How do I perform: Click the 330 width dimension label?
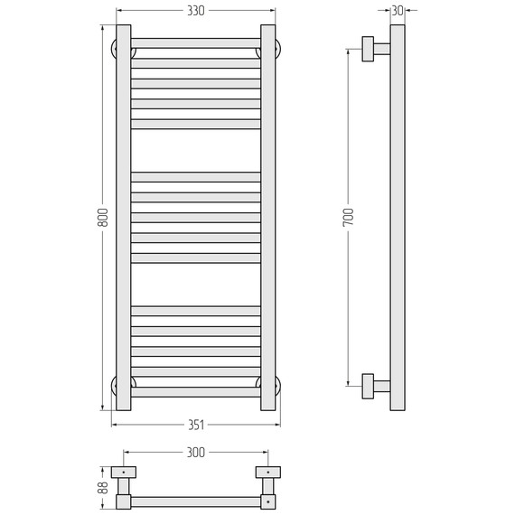click(195, 11)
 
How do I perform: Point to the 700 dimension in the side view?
click(348, 217)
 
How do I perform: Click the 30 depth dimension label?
click(398, 11)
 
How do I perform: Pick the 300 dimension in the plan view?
click(195, 452)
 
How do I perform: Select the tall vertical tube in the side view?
click(398, 217)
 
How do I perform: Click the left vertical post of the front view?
click(124, 217)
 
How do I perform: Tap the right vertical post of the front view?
click(267, 217)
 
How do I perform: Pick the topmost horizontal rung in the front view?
click(196, 42)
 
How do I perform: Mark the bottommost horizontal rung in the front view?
click(196, 392)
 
